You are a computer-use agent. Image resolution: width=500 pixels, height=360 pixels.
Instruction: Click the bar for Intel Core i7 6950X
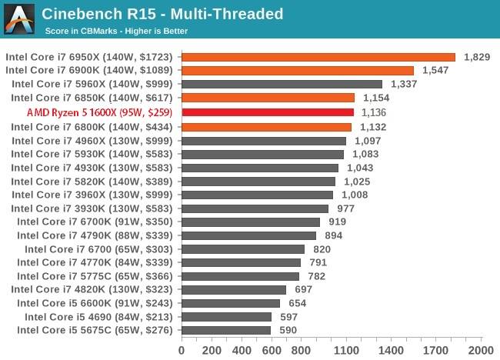point(318,56)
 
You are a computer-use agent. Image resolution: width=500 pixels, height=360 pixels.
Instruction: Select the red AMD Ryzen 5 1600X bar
point(267,112)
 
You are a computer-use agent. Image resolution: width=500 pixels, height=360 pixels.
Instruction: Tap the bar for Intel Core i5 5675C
point(226,331)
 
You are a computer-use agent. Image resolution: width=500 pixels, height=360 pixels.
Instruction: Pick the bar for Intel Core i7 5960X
point(282,84)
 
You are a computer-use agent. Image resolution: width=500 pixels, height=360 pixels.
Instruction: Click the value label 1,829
point(476,57)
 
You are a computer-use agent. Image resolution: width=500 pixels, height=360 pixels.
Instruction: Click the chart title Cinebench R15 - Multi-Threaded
point(162,14)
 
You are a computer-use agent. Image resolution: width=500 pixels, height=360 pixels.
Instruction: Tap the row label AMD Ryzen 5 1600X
point(100,112)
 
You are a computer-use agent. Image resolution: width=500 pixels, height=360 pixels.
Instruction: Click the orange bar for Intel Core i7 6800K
point(266,127)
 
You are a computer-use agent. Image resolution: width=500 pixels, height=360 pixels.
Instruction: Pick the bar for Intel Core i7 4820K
point(234,290)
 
